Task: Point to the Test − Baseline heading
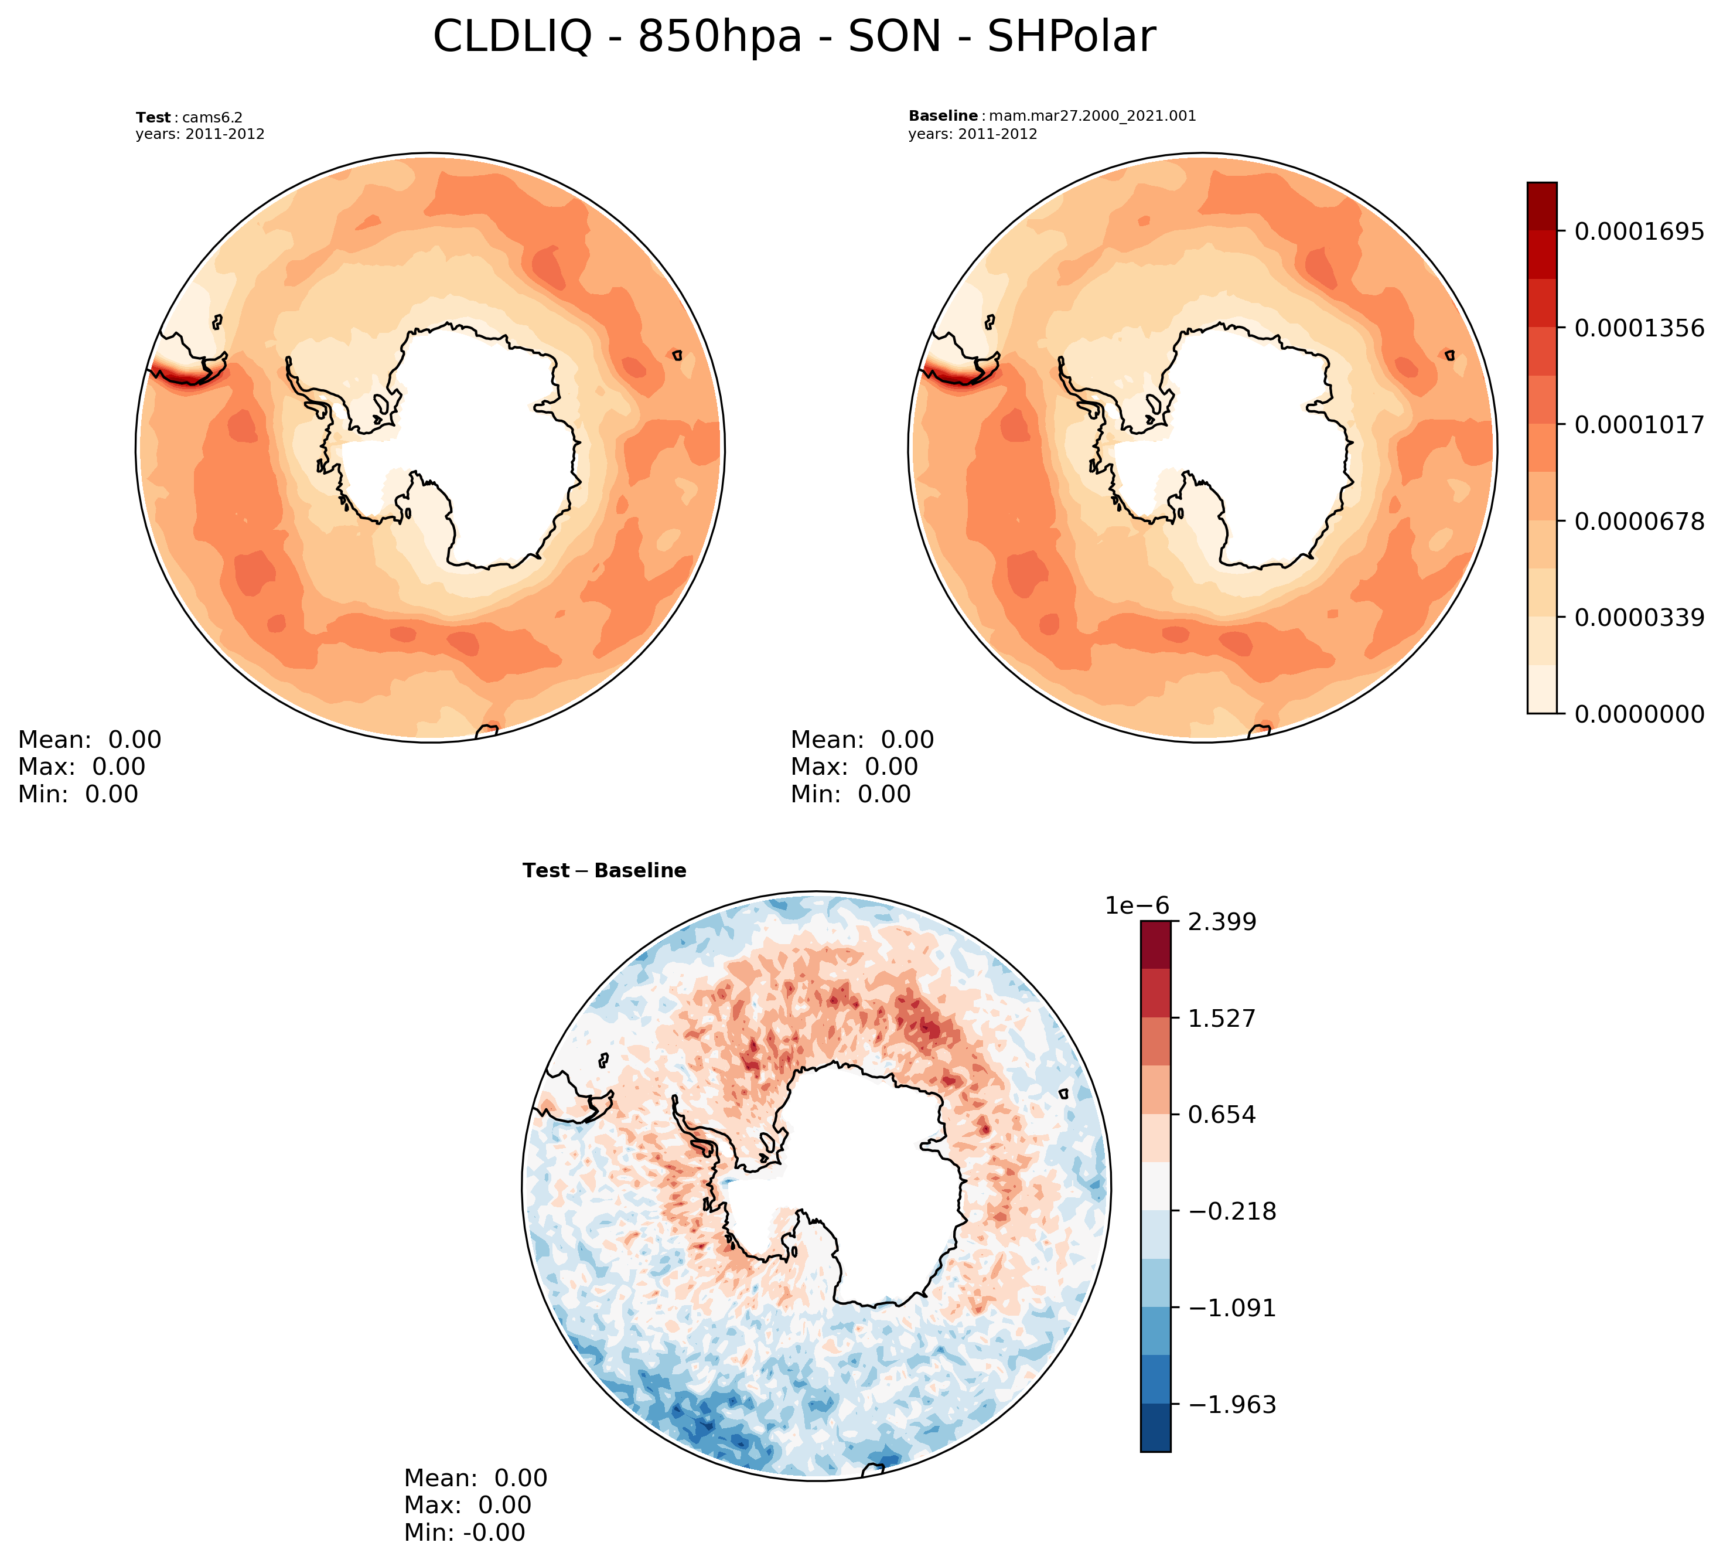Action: point(604,870)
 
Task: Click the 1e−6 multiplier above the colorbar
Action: point(1137,905)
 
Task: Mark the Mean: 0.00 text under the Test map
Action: point(90,740)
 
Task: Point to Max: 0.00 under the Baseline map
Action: point(854,767)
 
